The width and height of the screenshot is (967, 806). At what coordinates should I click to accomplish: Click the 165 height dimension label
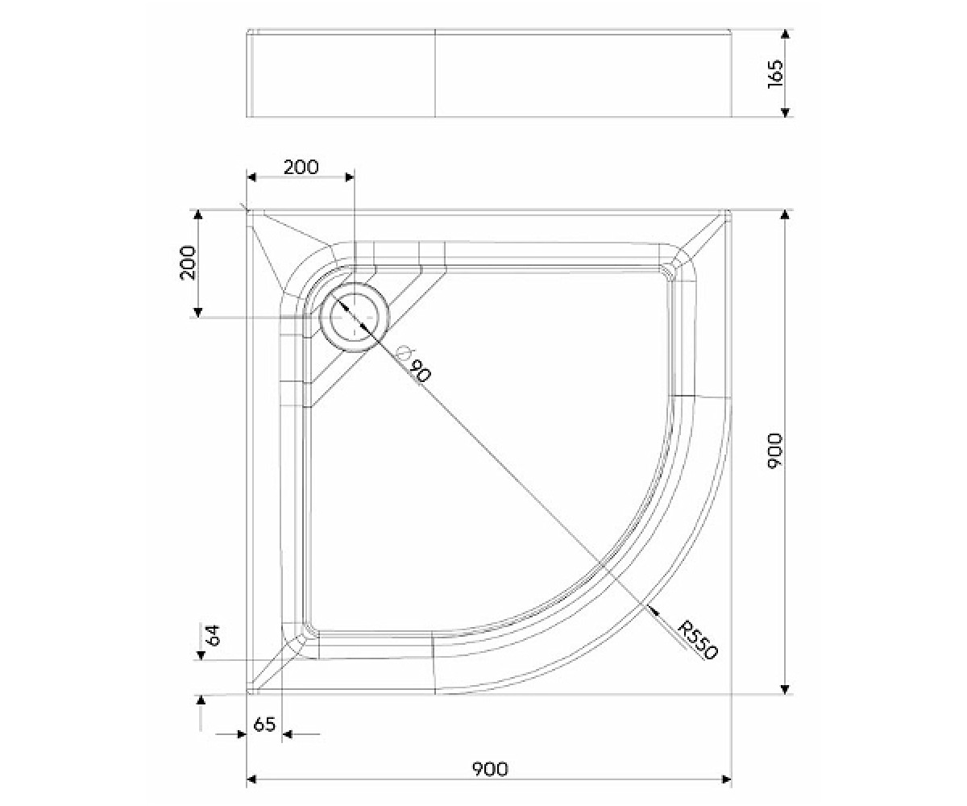point(774,73)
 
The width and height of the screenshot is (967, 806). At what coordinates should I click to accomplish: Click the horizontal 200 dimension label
point(301,167)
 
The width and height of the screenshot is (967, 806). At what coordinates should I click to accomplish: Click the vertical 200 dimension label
point(188,263)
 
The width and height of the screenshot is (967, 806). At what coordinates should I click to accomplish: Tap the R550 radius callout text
point(698,640)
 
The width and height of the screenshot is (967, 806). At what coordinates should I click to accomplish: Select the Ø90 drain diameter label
point(415,364)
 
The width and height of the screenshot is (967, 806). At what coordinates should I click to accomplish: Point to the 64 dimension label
point(214,635)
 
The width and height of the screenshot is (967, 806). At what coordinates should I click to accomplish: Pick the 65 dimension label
point(264,725)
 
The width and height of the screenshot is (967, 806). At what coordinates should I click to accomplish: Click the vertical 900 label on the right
point(774,451)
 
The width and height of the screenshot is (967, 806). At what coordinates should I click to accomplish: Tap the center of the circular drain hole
point(355,318)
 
